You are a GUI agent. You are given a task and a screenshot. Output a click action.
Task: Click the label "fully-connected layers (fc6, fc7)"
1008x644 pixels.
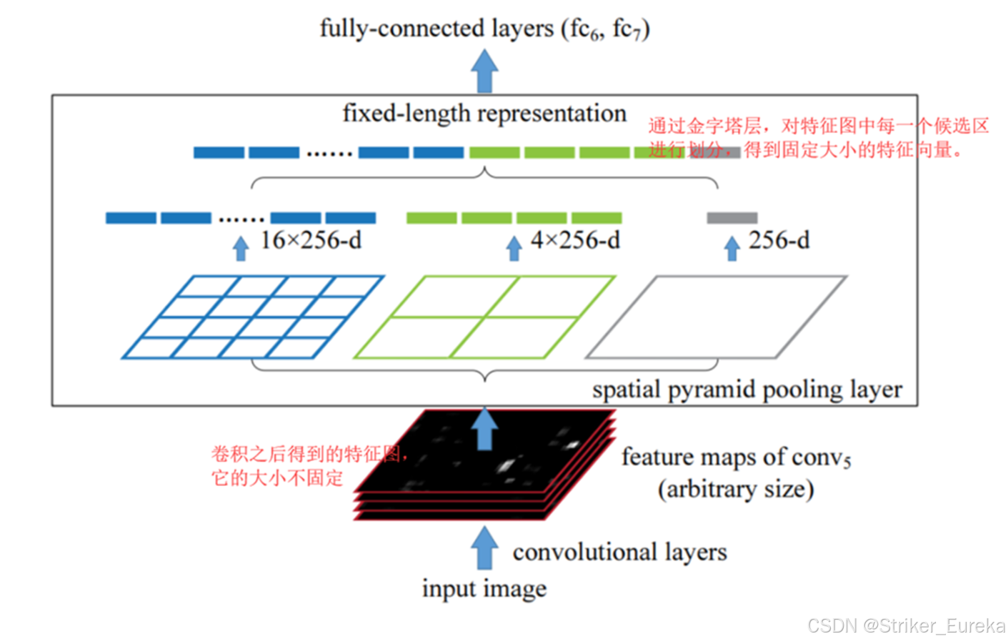click(x=484, y=29)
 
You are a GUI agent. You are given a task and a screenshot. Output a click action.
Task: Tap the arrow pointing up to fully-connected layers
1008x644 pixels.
click(x=484, y=71)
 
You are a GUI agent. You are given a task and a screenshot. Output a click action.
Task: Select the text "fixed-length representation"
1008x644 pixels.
click(x=484, y=114)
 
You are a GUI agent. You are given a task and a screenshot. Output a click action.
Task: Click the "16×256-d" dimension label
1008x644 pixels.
click(x=310, y=241)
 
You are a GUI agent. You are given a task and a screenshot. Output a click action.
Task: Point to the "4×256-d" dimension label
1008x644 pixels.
click(x=575, y=241)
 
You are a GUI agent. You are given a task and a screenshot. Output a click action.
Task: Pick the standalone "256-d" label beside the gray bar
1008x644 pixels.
click(x=779, y=241)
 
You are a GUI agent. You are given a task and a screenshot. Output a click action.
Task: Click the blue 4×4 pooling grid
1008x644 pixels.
click(x=253, y=317)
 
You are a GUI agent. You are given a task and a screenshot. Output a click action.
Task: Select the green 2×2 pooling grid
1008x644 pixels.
click(x=484, y=317)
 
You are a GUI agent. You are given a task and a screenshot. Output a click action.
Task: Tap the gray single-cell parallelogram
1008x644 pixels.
click(x=716, y=317)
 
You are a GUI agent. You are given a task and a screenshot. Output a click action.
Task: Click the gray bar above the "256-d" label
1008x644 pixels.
click(x=732, y=218)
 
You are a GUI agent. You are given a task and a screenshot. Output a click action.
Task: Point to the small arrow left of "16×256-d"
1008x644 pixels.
click(x=241, y=248)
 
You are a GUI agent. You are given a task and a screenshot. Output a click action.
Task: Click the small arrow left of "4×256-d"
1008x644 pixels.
click(x=514, y=248)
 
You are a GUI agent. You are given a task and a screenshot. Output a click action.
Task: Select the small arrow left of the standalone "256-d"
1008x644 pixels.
click(x=732, y=248)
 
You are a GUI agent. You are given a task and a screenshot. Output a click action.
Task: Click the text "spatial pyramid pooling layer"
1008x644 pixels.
click(x=747, y=390)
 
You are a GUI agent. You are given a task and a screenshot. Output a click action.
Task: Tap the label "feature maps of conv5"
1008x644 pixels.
click(x=736, y=457)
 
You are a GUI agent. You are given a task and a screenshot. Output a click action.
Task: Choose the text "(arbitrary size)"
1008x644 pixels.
click(x=736, y=490)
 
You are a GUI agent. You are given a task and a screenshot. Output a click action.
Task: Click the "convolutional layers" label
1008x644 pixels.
click(x=619, y=553)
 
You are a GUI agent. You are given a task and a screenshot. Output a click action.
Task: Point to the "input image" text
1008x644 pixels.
click(x=484, y=589)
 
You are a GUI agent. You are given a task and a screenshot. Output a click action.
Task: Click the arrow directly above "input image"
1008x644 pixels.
click(x=484, y=548)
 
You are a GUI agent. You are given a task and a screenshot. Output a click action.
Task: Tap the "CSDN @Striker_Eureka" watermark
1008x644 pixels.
click(x=906, y=626)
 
